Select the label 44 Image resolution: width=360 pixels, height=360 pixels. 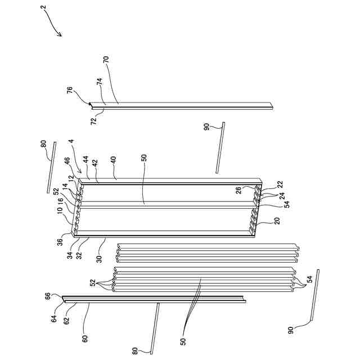click(x=87, y=160)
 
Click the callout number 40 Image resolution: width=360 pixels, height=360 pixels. click(x=115, y=160)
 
